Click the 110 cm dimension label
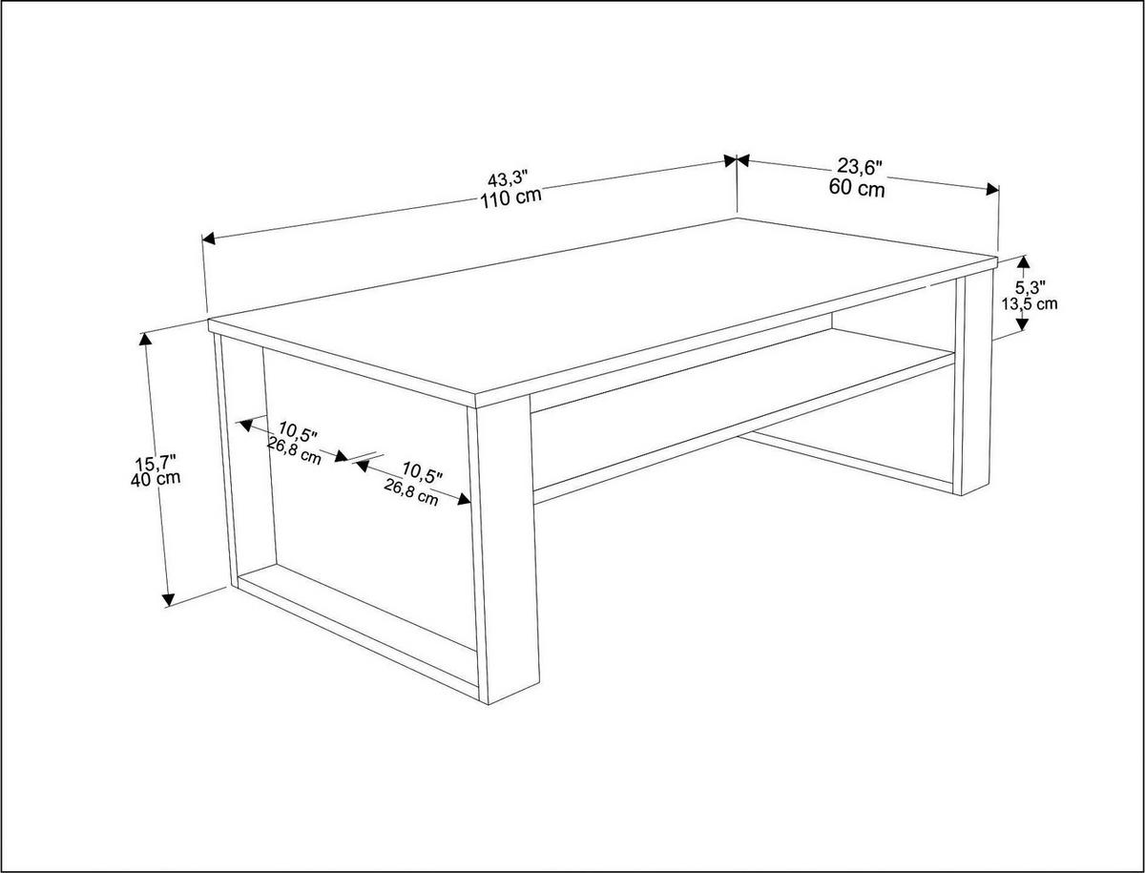(510, 197)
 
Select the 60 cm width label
(857, 188)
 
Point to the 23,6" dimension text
(860, 166)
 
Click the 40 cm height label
(156, 478)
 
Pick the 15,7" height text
(156, 461)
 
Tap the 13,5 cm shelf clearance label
(1030, 303)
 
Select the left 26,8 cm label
(294, 451)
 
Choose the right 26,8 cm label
(411, 491)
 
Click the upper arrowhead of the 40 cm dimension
(145, 339)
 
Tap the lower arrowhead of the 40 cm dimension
(168, 600)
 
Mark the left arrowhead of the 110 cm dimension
(209, 239)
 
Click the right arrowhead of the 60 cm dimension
(992, 189)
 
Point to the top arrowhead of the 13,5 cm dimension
(1023, 261)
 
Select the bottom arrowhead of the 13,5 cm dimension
(1022, 323)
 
